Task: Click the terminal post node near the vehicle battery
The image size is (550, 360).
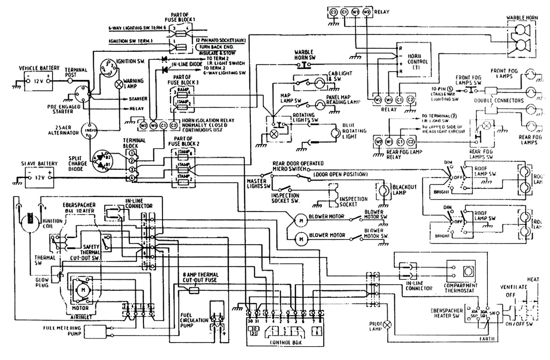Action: (x=70, y=80)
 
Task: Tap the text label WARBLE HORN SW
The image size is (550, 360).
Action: (x=304, y=55)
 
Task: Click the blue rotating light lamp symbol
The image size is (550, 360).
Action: (x=335, y=134)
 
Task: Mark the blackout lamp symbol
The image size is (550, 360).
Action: (x=383, y=191)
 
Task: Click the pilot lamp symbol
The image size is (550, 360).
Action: (x=388, y=324)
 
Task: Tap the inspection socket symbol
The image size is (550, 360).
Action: (x=334, y=195)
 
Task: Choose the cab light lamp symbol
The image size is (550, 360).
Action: (x=319, y=83)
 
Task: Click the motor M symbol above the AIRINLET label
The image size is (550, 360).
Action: (x=83, y=290)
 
